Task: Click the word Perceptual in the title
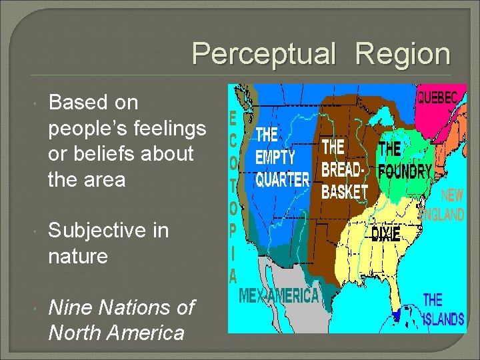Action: [x=264, y=54]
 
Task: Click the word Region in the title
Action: [x=403, y=54]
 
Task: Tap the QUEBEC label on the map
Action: [x=437, y=97]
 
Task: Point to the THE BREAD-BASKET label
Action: [x=344, y=169]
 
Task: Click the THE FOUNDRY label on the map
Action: [x=405, y=159]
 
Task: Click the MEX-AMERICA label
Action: [x=278, y=295]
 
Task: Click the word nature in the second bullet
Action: [x=77, y=256]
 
